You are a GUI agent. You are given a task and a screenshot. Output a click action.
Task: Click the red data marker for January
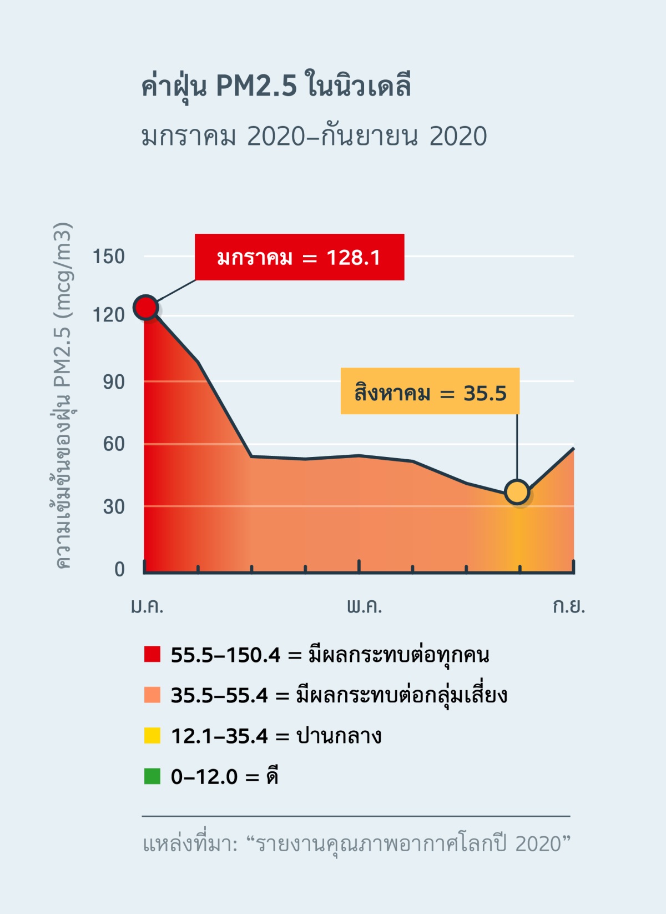click(x=146, y=307)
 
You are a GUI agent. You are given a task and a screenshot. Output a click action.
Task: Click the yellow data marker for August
click(x=517, y=492)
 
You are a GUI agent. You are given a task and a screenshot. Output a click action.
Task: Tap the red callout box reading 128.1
click(x=299, y=257)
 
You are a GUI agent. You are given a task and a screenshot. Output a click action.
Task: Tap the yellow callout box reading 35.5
click(x=430, y=391)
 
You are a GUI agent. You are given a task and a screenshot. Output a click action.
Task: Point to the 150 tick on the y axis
click(x=108, y=257)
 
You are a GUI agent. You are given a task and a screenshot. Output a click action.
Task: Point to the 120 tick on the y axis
click(x=108, y=315)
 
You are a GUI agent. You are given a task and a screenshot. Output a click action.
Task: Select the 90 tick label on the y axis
click(x=114, y=382)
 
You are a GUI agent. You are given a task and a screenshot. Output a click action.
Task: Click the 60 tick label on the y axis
click(x=114, y=444)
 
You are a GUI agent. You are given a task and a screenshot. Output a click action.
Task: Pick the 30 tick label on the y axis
click(x=114, y=506)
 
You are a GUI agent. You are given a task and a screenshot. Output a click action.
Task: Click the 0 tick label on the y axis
click(x=119, y=569)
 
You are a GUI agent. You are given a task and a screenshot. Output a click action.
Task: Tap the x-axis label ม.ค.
click(x=147, y=606)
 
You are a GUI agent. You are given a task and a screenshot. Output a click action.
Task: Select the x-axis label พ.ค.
click(x=365, y=606)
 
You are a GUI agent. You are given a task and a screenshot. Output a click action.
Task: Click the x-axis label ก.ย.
click(x=569, y=606)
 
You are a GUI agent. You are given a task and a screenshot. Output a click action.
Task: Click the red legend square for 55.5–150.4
click(x=152, y=654)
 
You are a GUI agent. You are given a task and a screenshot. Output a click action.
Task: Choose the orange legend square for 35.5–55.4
click(x=152, y=695)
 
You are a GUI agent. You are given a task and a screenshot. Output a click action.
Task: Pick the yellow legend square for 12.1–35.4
click(x=152, y=736)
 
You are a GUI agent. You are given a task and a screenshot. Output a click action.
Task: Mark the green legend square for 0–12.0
click(x=152, y=776)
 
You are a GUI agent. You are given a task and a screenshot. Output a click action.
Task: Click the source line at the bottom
click(x=356, y=844)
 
